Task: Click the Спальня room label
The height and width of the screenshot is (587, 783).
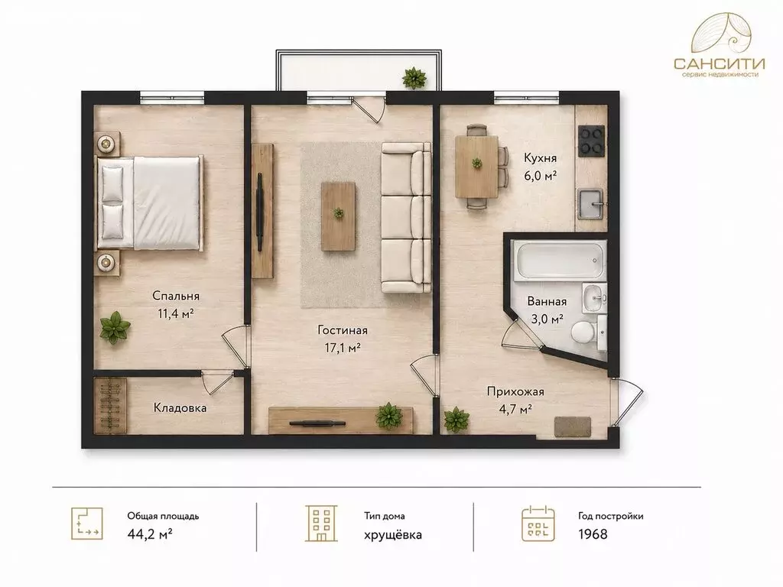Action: [x=176, y=296]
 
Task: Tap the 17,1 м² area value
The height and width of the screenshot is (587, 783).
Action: [x=343, y=348]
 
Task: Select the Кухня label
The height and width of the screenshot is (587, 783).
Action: [x=540, y=158]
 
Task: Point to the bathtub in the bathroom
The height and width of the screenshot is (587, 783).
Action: [x=560, y=260]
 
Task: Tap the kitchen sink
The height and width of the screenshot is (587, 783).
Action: [x=591, y=203]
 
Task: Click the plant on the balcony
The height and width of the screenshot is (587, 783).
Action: [x=414, y=77]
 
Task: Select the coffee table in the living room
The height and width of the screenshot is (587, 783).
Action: [x=339, y=216]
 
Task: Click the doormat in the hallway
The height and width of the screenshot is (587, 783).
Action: [x=572, y=426]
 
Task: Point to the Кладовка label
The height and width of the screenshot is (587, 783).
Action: [x=180, y=408]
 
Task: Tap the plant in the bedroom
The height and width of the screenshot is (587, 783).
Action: [x=115, y=327]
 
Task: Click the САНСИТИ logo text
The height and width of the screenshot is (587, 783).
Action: [x=719, y=63]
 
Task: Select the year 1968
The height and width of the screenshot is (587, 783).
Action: [x=593, y=534]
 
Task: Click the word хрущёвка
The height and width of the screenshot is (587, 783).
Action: [x=393, y=534]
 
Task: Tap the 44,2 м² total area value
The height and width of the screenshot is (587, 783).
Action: [x=150, y=534]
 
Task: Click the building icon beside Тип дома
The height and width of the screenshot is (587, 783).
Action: [x=321, y=523]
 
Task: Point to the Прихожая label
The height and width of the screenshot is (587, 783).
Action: [x=515, y=392]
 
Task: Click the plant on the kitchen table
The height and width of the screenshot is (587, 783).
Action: [x=477, y=162]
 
